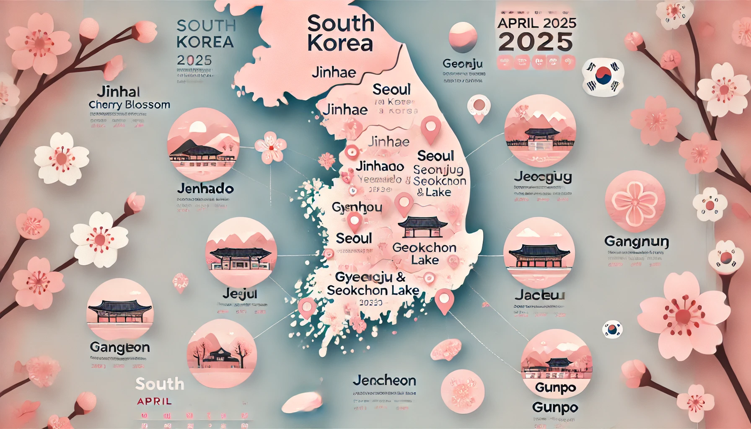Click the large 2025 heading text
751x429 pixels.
pos(536,42)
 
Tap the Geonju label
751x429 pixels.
pos(462,64)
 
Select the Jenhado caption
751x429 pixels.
pos(205,189)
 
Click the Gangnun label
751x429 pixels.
pos(636,241)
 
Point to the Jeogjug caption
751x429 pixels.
pos(543,177)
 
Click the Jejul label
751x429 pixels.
pos(240,294)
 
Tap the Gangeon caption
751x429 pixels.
pos(119,347)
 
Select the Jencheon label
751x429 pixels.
pos(384,380)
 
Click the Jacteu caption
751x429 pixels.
pos(540,295)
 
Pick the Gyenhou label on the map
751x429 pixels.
pos(357,207)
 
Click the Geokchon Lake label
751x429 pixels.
pos(424,253)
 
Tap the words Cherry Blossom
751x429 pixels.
pos(129,105)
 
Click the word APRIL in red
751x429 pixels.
pos(154,401)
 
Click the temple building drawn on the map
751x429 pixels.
pos(422,227)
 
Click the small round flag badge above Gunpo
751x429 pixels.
pos(612,330)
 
